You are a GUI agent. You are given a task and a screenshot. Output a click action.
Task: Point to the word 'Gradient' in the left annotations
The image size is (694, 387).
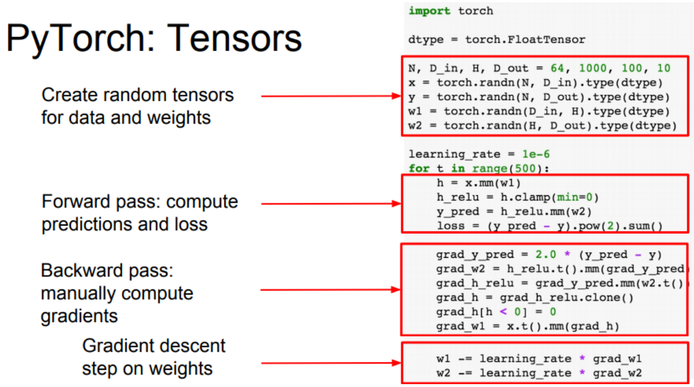coord(118,346)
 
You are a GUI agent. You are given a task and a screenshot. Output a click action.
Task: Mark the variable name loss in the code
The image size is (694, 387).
coord(450,226)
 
